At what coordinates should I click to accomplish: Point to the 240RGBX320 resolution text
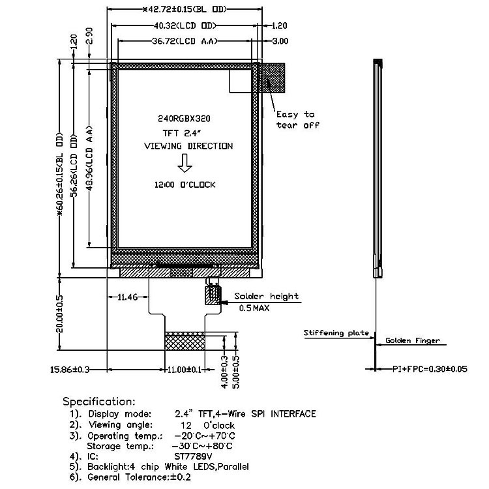click(184, 119)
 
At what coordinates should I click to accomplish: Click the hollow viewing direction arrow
click(185, 165)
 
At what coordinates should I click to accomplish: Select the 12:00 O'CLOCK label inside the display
click(185, 185)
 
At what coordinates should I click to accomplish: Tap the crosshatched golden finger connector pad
click(185, 341)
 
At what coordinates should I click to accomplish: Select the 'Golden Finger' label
click(412, 340)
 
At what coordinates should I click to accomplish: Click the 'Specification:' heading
click(99, 401)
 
